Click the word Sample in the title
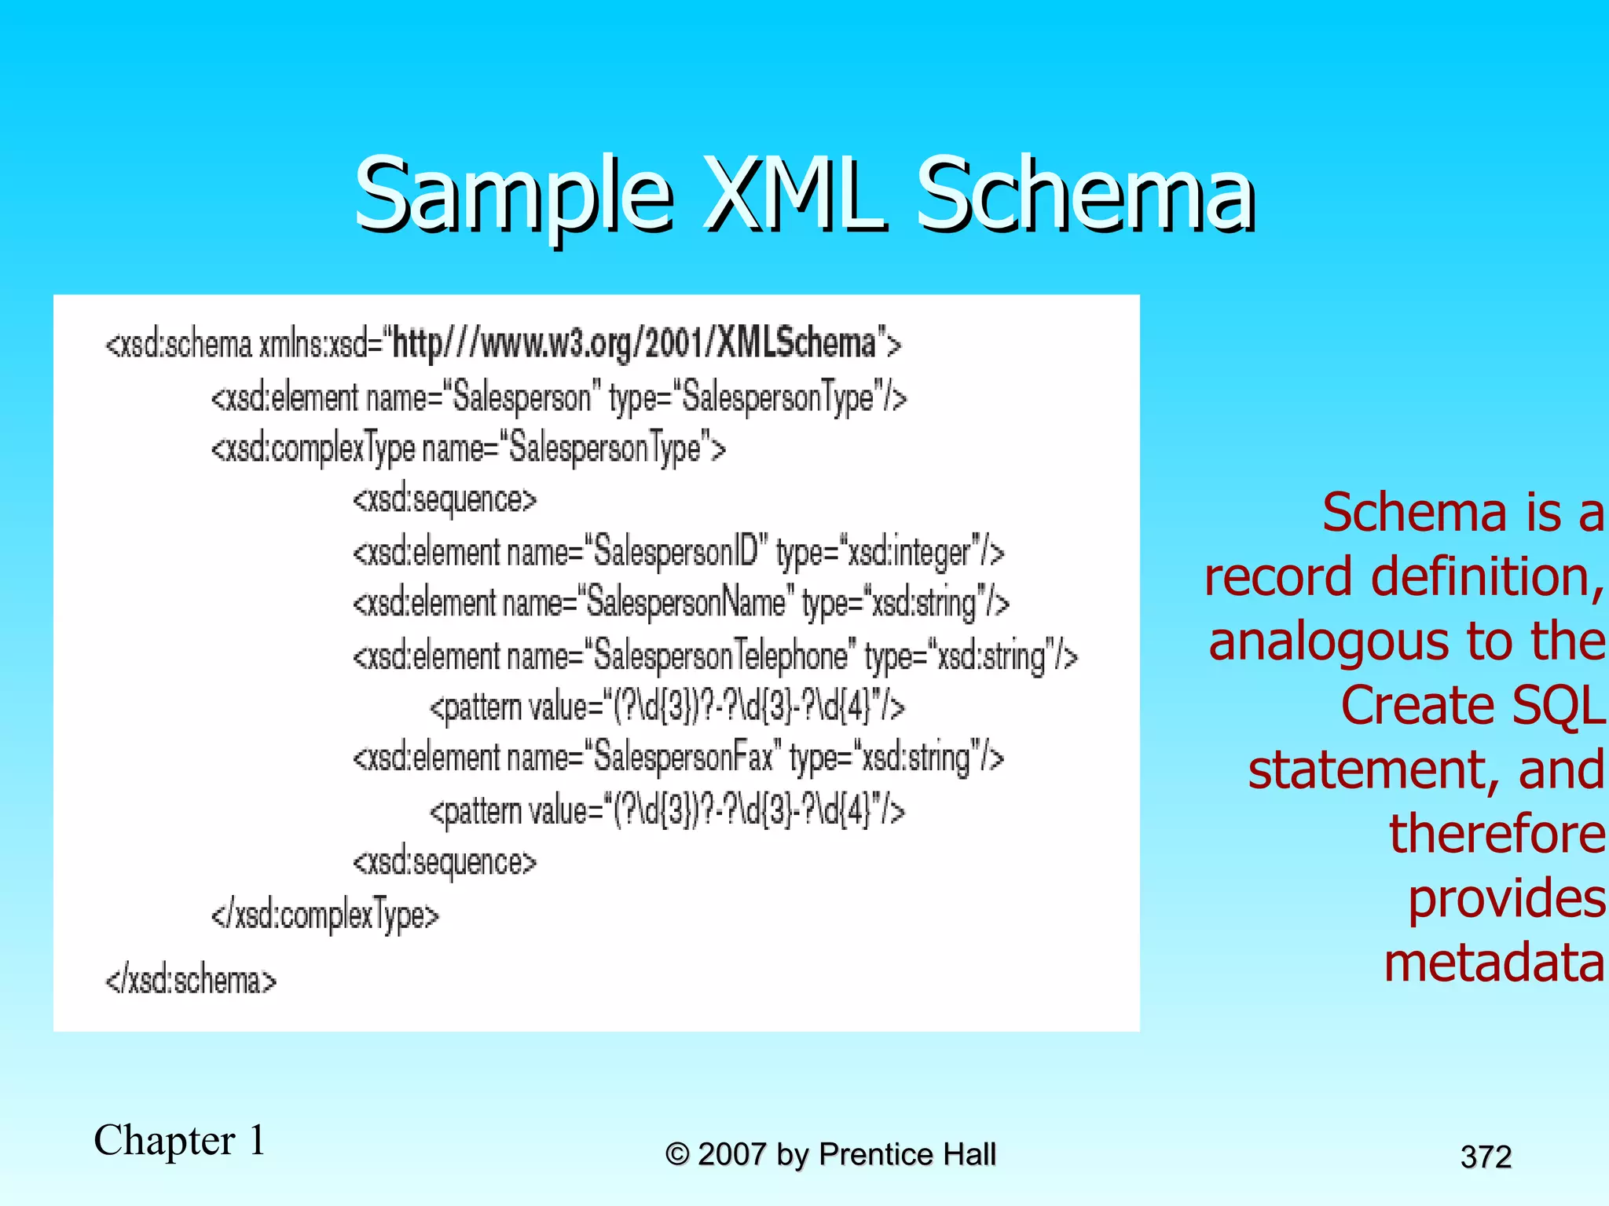click(x=515, y=195)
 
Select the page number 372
click(x=1486, y=1157)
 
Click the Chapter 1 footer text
click(x=179, y=1140)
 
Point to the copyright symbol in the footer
click(x=677, y=1155)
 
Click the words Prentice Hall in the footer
click(x=907, y=1154)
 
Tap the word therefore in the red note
click(x=1497, y=834)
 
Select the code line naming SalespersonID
click(x=677, y=552)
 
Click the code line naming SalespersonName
click(x=680, y=603)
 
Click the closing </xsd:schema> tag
click(x=191, y=981)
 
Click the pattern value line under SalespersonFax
click(x=666, y=810)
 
